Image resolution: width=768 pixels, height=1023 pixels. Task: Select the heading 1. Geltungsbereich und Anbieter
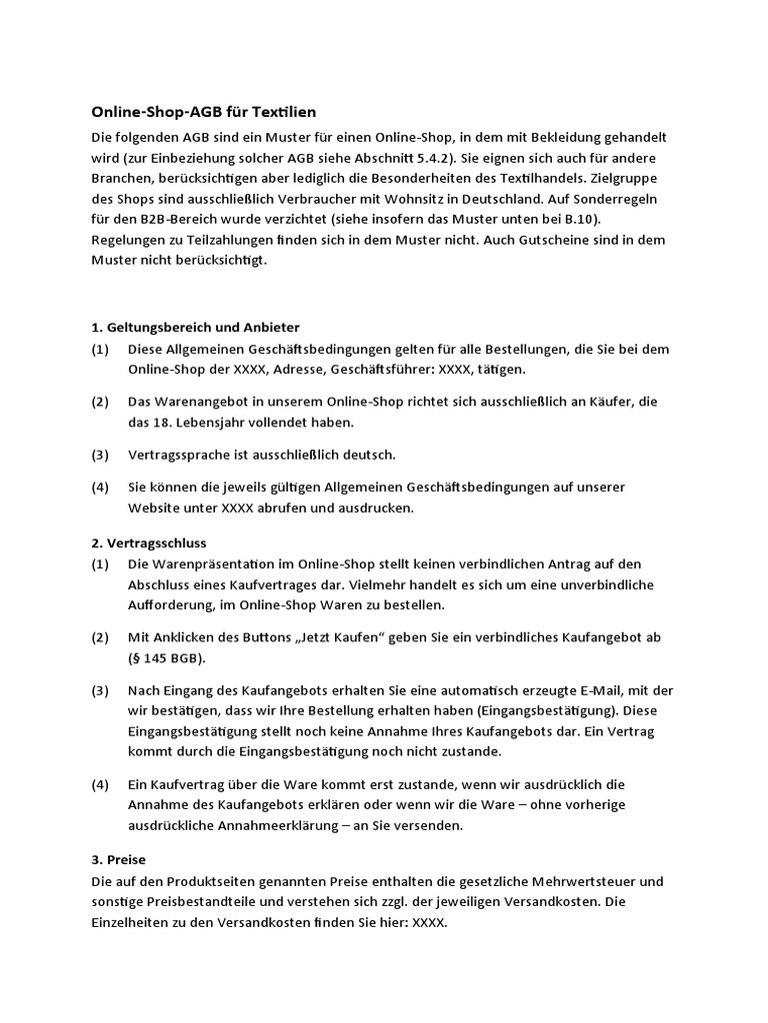click(x=195, y=327)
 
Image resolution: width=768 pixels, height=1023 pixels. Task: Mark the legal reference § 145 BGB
click(x=165, y=658)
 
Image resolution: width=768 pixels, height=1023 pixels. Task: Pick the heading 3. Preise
click(x=118, y=859)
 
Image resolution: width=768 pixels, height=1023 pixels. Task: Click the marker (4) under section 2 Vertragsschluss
click(x=100, y=784)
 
